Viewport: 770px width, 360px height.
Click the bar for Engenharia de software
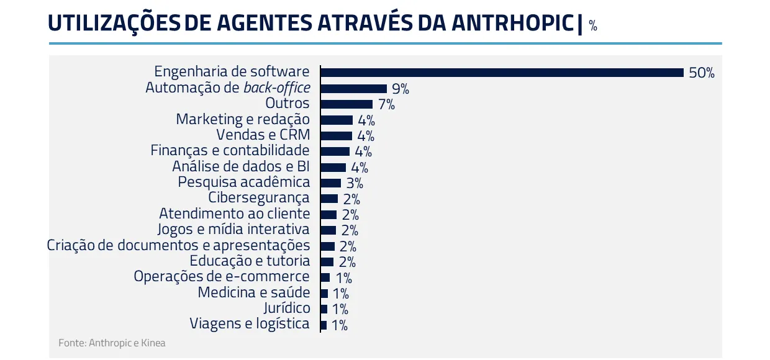502,73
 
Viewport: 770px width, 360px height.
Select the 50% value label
702,73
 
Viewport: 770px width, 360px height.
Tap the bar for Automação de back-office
353,89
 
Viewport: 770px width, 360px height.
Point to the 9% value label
401,89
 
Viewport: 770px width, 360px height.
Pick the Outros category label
287,103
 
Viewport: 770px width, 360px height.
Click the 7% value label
386,104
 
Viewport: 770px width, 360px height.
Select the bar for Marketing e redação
337,120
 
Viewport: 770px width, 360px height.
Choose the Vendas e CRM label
263,135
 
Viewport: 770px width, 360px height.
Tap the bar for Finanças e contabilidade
335,151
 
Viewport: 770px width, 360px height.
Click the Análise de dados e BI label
241,166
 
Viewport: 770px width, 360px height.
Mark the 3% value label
355,183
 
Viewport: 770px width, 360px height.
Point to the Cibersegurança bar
329,199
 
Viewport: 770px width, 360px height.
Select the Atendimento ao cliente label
234,214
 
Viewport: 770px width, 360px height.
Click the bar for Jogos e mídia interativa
328,230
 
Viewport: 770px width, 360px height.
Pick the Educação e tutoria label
250,261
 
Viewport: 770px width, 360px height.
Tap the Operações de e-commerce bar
325,277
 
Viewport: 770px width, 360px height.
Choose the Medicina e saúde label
253,292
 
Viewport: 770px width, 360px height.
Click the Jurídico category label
286,308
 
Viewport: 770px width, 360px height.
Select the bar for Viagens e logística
324,325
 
